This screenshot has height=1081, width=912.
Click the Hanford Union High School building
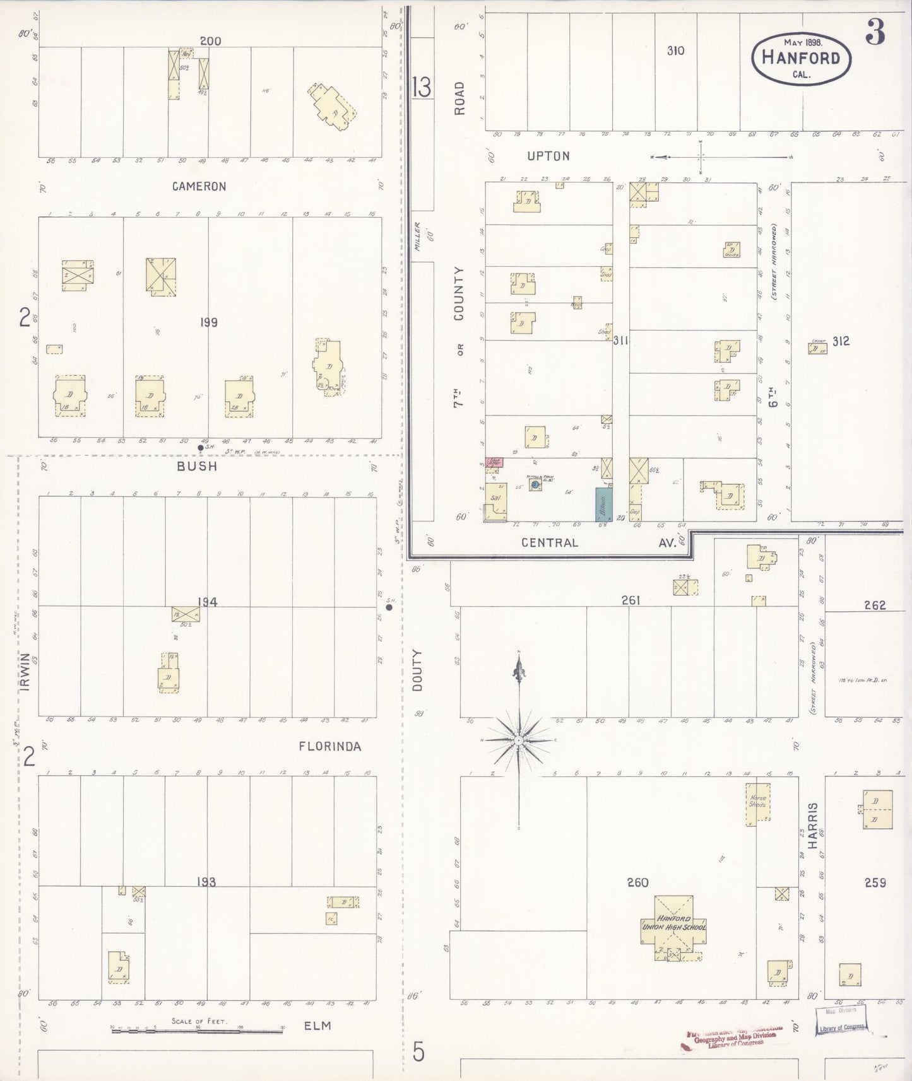(673, 926)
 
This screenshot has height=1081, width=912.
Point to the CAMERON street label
(199, 187)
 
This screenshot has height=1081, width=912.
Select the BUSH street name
(197, 466)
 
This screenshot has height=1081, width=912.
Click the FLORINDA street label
(330, 747)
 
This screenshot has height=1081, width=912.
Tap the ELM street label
(317, 1025)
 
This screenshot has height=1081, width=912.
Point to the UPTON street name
(548, 156)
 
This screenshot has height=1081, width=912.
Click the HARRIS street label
(813, 825)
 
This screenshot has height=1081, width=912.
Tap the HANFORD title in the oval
(801, 57)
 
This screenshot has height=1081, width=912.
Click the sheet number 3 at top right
(875, 32)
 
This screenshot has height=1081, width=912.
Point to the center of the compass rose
(518, 740)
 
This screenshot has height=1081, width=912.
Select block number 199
(208, 322)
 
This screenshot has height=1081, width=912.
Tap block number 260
(637, 882)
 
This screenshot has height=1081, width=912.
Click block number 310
(675, 50)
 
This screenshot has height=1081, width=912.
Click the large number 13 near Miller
(422, 87)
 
